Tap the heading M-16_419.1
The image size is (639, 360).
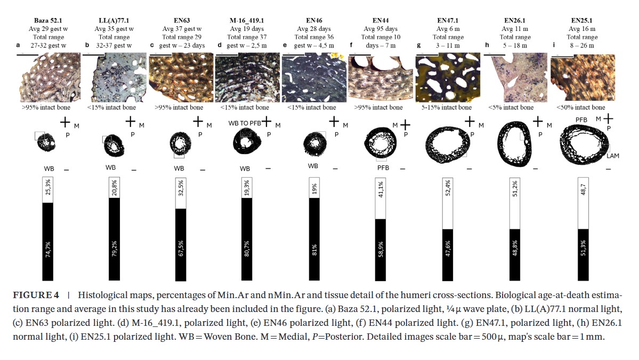click(246, 20)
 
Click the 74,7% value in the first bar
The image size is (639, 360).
click(48, 250)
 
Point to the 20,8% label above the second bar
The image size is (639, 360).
click(115, 187)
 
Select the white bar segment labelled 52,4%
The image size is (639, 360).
click(447, 203)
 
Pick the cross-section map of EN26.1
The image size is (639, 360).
click(516, 142)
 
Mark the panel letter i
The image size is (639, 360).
click(552, 46)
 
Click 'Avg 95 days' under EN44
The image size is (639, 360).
click(381, 29)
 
